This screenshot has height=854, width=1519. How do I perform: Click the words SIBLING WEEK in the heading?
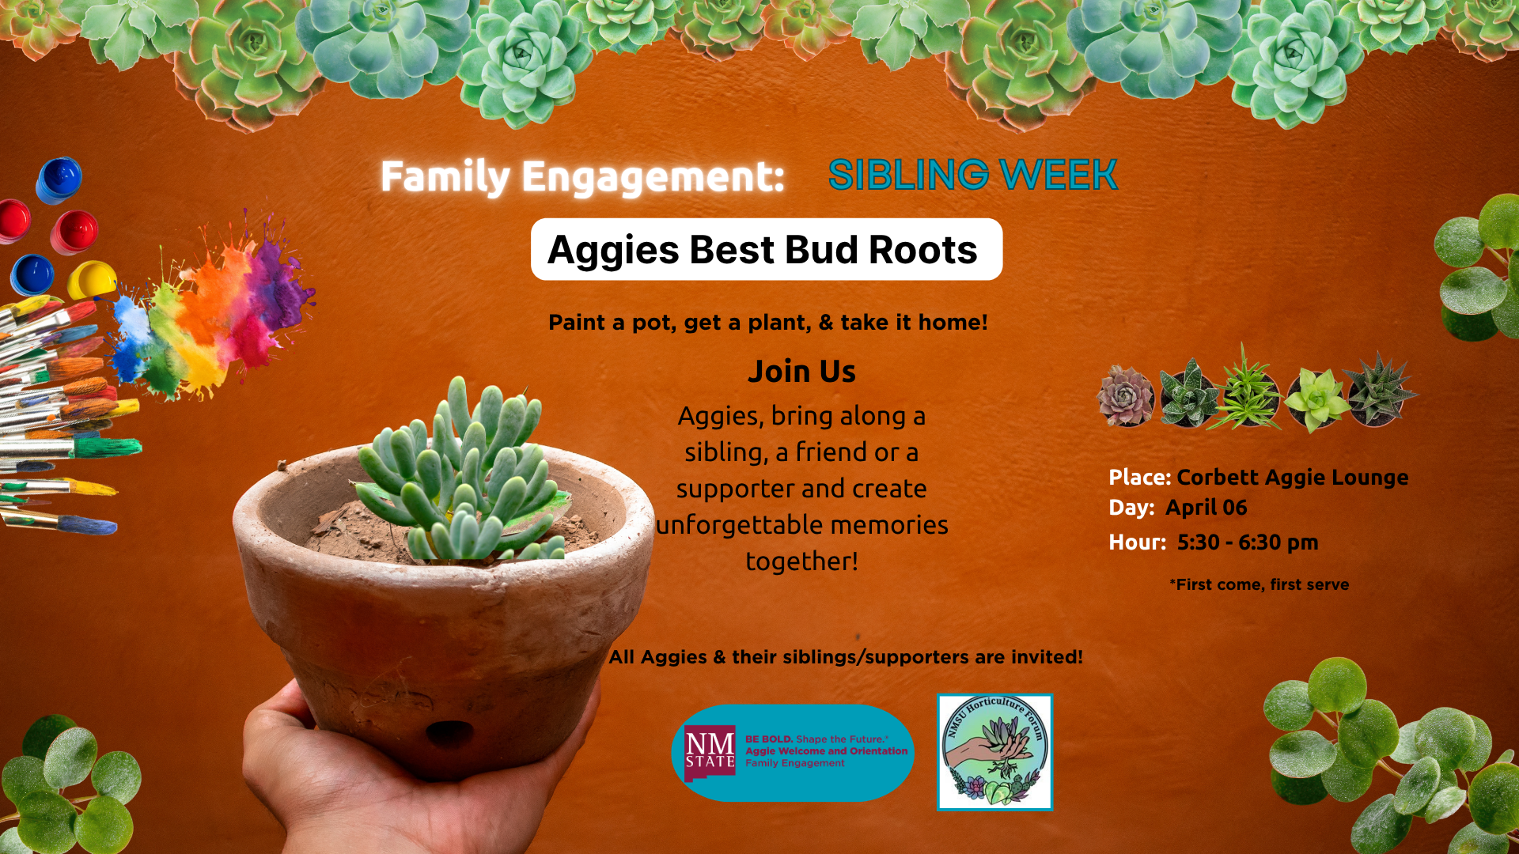pos(972,175)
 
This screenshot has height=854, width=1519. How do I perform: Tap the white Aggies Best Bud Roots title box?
pos(766,250)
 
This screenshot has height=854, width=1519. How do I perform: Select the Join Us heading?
pos(801,372)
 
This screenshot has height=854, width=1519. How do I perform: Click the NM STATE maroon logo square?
pos(710,753)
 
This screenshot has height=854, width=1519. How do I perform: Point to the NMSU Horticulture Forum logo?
pos(994,752)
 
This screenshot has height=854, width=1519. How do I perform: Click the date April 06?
pos(1206,508)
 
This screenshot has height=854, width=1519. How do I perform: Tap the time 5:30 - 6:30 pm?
pos(1247,542)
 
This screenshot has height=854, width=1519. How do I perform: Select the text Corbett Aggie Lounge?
pos(1292,478)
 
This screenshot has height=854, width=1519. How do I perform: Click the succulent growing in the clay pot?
pos(467,474)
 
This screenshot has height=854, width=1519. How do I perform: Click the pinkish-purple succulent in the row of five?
pos(1126,395)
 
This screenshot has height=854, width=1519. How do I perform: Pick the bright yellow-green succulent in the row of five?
pos(1316,399)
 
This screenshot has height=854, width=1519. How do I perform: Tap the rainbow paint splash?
pos(214,316)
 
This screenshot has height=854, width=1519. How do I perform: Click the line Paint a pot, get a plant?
pos(767,323)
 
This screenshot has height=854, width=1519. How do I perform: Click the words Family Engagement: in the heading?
pos(581,176)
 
